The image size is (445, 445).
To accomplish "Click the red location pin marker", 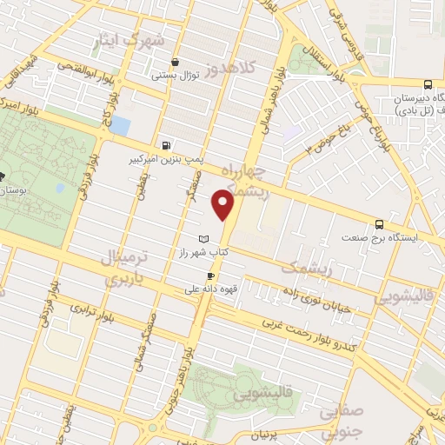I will click(224, 206).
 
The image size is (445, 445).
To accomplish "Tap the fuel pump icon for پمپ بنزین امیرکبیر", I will click(166, 145).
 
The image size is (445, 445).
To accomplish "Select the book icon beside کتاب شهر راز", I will click(203, 238).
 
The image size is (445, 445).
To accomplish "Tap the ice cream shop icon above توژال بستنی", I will click(176, 62).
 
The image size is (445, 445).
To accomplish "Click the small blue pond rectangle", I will click(120, 127).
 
